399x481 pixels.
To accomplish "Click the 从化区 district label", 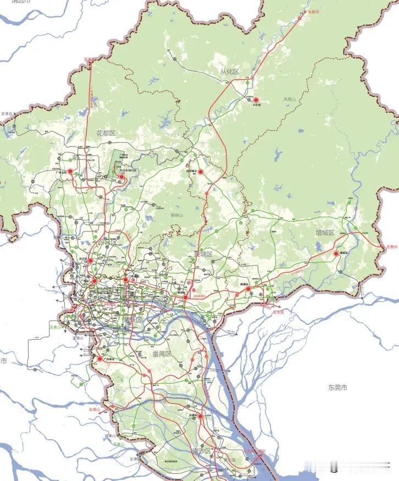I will coord(228,72).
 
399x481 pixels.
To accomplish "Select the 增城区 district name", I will coord(324,233).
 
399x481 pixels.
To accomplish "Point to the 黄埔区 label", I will coord(203,254).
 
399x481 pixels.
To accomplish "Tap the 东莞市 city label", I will coord(337,388).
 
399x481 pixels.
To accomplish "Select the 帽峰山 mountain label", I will coord(178,215).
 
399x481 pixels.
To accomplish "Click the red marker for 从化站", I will coord(256,100).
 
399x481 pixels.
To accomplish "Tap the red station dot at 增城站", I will coord(336,253).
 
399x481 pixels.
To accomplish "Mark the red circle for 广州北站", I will coord(70,171).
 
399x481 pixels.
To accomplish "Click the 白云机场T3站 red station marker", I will coord(122,177).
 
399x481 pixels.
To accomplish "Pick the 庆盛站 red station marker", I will coord(201,416).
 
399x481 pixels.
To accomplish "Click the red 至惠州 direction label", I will coord(391,247).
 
